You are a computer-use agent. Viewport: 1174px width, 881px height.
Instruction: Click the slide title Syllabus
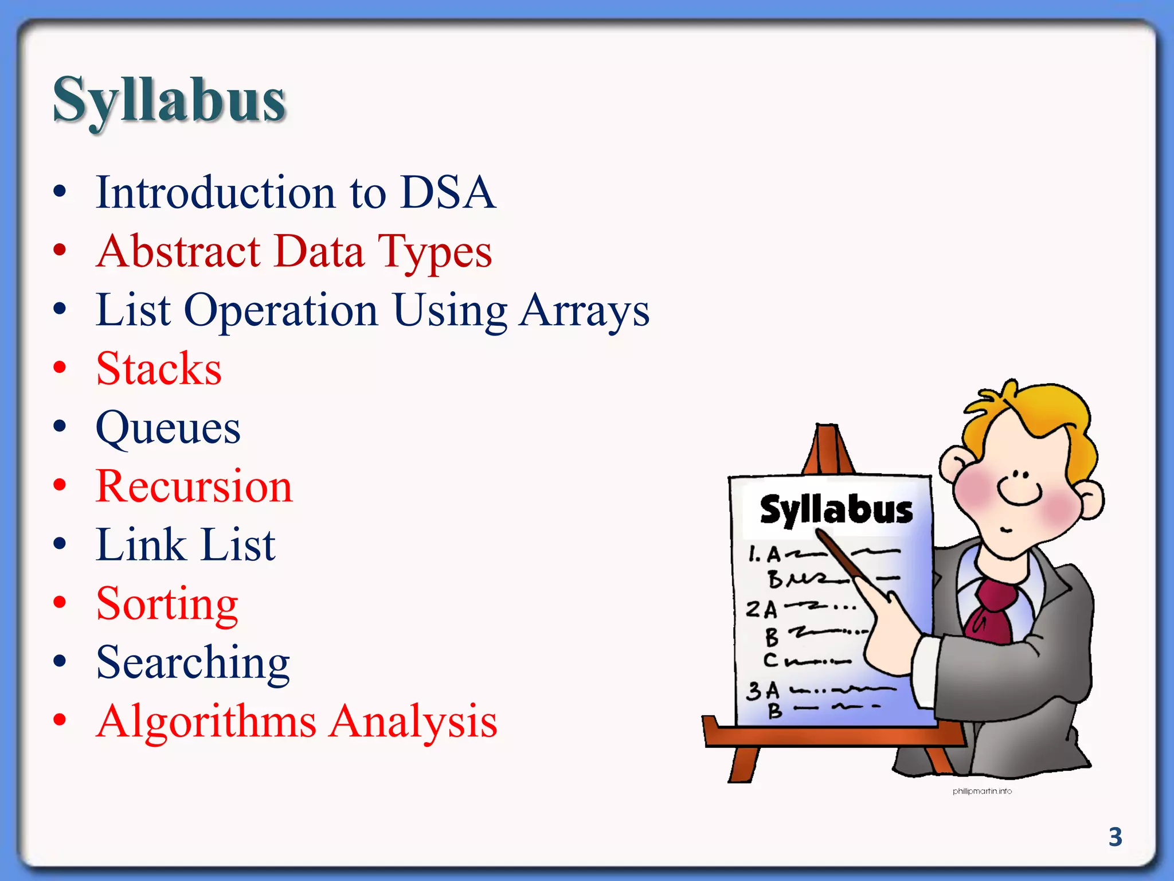coord(169,100)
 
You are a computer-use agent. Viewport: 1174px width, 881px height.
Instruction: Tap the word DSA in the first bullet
coord(448,192)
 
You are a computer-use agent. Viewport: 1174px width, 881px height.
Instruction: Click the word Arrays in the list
coord(584,311)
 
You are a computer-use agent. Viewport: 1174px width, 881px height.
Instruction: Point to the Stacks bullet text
coord(159,369)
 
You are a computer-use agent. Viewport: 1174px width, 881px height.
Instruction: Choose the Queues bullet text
coord(168,428)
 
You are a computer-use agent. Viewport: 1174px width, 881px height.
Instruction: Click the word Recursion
coord(194,486)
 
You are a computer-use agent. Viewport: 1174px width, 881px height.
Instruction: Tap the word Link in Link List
coord(141,545)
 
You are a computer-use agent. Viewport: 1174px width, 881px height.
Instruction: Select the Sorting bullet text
coord(167,604)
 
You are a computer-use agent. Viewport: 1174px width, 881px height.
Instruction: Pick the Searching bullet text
coord(193,663)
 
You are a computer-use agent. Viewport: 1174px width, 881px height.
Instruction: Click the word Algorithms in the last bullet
coord(206,722)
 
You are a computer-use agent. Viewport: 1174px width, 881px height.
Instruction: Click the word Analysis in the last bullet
coord(413,722)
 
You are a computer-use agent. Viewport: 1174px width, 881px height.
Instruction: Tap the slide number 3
coord(1115,837)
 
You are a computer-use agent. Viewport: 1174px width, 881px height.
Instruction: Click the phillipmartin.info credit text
coord(982,792)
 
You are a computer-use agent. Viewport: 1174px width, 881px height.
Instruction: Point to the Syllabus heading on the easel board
coord(836,510)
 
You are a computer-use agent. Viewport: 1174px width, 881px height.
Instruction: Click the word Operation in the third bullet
coord(281,311)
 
